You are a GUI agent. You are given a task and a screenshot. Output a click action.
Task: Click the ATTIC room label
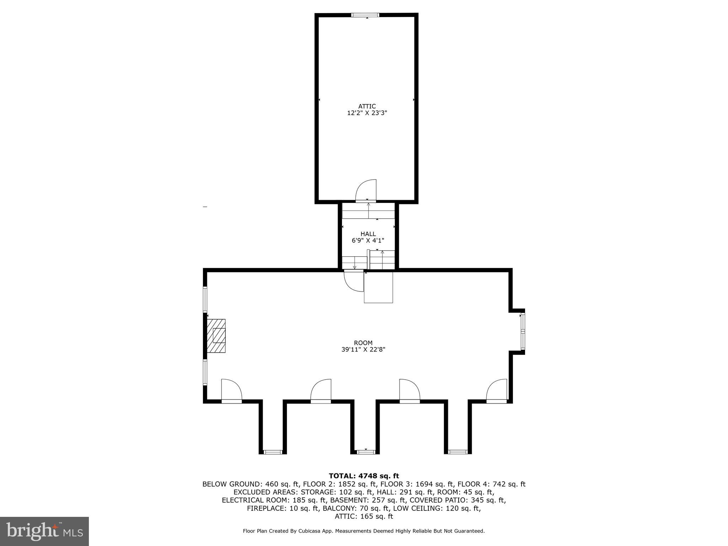(367, 106)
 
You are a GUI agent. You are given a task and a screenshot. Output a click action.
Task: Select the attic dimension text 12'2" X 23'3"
(367, 113)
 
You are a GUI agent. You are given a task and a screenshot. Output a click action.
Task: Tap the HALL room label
(368, 234)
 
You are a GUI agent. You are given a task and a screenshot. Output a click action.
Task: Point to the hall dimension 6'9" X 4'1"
(368, 241)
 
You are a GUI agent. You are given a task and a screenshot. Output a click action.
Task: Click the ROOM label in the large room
(363, 343)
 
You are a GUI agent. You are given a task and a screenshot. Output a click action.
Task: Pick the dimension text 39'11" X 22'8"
(363, 349)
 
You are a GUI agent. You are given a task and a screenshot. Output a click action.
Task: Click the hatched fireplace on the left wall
(216, 336)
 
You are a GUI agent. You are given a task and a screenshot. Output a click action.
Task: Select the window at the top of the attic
(365, 15)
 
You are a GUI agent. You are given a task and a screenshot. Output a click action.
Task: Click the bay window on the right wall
(523, 331)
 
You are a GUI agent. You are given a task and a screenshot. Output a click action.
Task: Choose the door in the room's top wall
(354, 281)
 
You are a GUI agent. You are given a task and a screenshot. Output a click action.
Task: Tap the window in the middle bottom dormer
(366, 452)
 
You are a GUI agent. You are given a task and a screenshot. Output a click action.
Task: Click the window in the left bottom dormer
(273, 452)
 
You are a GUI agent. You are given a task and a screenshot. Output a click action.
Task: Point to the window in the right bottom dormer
(457, 452)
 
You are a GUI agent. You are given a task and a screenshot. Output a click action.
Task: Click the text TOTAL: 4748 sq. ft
(364, 476)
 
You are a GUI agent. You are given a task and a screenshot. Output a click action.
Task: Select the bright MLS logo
(44, 531)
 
